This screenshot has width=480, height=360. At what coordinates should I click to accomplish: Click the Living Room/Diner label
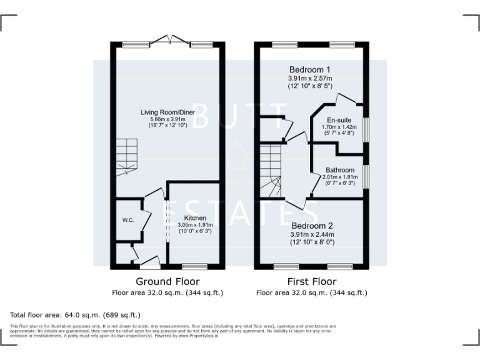coord(167,112)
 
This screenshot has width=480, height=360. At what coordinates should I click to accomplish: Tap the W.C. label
coord(128,220)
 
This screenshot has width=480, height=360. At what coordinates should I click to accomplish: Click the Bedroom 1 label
coord(310,69)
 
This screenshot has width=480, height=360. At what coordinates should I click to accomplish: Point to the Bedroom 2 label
coord(312,226)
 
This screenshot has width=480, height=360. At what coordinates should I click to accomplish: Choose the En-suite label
coord(339,119)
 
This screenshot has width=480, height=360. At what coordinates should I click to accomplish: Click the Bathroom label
coord(340,170)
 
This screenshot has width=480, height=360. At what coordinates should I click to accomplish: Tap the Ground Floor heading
coord(167,282)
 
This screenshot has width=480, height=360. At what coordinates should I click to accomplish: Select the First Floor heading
coord(311,282)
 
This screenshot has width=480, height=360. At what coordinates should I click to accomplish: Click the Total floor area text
coord(76,315)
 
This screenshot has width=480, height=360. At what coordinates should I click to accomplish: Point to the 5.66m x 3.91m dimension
coord(168,119)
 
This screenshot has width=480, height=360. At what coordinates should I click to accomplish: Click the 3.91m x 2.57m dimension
coord(310,78)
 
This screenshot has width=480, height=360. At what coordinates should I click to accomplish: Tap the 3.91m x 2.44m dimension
coord(312,234)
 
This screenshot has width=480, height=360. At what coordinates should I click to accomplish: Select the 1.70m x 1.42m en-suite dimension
coord(339,126)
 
